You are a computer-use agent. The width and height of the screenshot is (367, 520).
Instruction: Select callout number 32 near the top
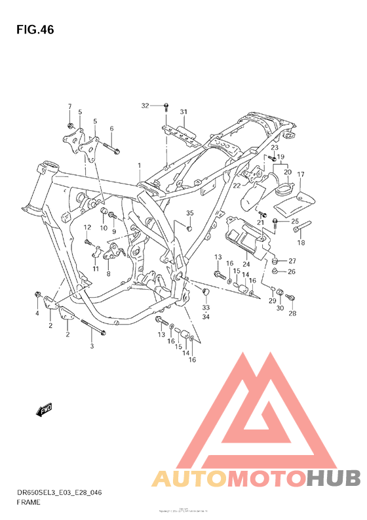coord(145,106)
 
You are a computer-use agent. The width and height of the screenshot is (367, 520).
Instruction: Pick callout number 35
coord(190,213)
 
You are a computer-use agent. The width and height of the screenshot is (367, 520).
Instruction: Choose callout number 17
coord(301,174)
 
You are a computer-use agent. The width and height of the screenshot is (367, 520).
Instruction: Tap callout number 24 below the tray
coord(246,264)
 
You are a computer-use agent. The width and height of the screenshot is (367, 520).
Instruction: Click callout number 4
coord(37,313)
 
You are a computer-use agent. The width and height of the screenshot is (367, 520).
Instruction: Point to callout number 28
coord(292,313)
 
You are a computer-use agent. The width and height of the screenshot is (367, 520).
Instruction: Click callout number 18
coord(302,243)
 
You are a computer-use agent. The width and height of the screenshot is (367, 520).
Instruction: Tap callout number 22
coord(237,186)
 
